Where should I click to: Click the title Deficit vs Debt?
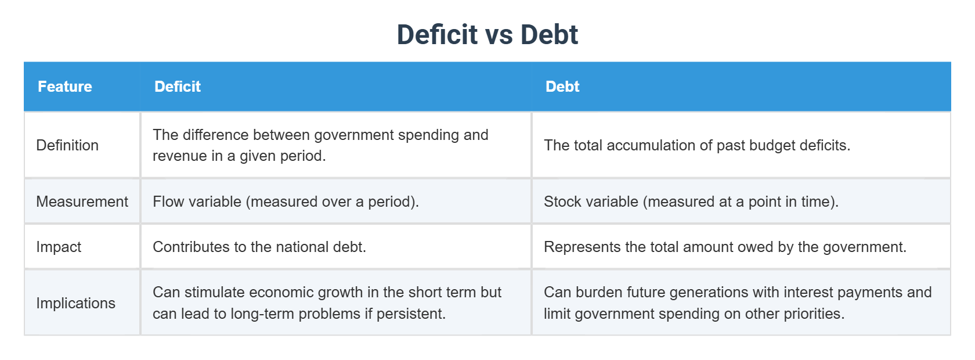pyautogui.click(x=487, y=34)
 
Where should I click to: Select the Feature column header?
pyautogui.click(x=65, y=87)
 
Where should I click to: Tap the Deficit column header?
pyautogui.click(x=178, y=87)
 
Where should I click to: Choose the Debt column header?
pyautogui.click(x=562, y=87)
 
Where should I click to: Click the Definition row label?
pyautogui.click(x=67, y=145)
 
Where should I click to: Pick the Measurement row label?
pyautogui.click(x=82, y=201)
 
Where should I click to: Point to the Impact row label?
pyautogui.click(x=59, y=247)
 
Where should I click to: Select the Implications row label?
pyautogui.click(x=75, y=303)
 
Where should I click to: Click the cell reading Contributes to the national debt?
pyautogui.click(x=259, y=247)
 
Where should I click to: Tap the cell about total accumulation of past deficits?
pyautogui.click(x=697, y=145)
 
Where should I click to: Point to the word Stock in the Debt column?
pyautogui.click(x=562, y=201)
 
